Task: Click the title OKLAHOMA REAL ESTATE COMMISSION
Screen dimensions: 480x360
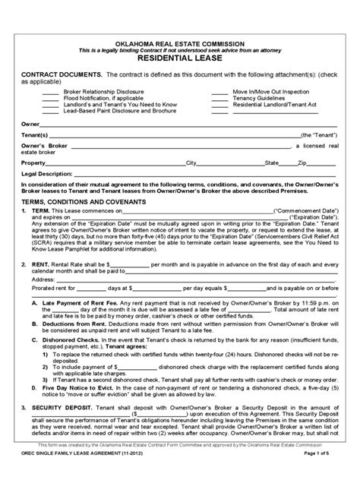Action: coord(179,36)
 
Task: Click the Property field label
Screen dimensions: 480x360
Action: coord(34,163)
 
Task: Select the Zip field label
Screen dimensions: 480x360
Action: coord(302,163)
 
